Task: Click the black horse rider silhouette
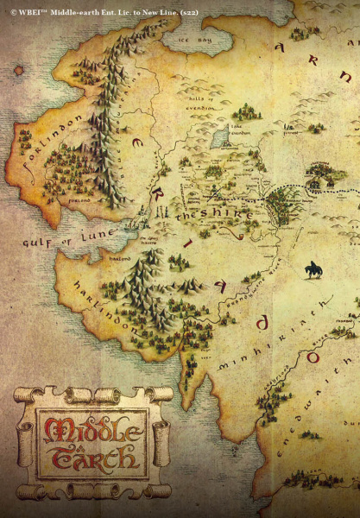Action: pos(313,270)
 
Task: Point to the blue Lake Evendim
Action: pos(219,136)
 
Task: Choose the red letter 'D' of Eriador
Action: pos(262,323)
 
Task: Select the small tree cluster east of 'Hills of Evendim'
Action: pos(247,111)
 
